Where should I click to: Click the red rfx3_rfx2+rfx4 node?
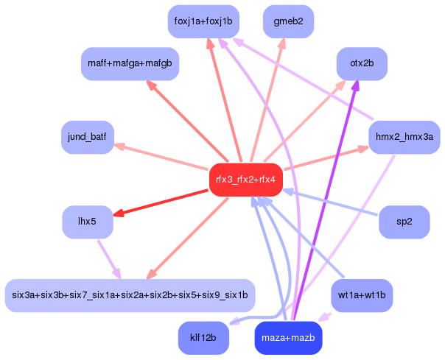point(246,180)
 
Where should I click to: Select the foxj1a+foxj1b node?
point(203,21)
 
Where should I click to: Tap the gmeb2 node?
point(288,21)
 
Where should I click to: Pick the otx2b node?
point(362,63)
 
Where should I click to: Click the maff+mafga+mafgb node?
point(130,63)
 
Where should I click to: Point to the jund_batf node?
point(88,138)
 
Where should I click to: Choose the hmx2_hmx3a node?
point(404,138)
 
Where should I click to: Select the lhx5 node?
point(88,222)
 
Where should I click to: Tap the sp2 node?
point(404,222)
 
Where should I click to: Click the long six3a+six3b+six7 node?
point(130,295)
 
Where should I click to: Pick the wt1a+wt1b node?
point(362,295)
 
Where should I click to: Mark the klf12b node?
point(203,338)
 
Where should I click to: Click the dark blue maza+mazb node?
point(288,338)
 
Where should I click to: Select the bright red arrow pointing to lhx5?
point(161,202)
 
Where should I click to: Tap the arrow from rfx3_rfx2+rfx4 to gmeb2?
point(267,100)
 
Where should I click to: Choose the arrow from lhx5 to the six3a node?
point(109,260)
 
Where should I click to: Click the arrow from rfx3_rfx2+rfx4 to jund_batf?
point(161,157)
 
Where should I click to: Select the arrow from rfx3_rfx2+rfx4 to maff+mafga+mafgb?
point(187,121)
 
